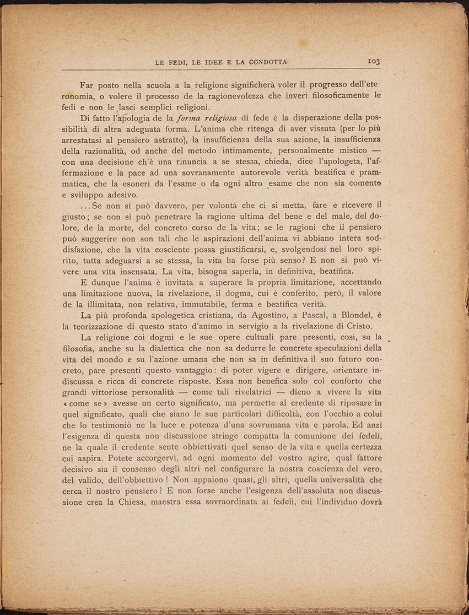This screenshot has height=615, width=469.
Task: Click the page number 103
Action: pyautogui.click(x=374, y=62)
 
